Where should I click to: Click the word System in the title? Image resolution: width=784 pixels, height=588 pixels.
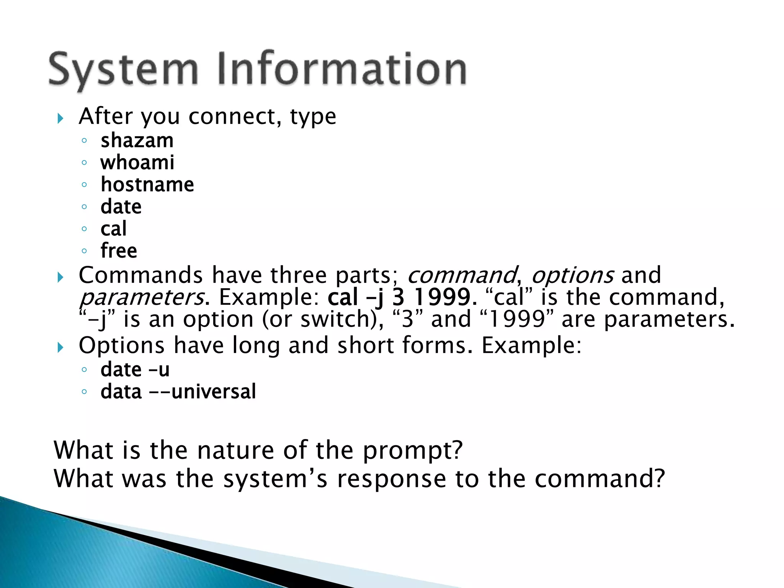(x=123, y=70)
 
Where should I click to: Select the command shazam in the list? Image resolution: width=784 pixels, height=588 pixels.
(x=137, y=140)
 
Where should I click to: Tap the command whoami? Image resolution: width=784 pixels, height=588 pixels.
(x=137, y=163)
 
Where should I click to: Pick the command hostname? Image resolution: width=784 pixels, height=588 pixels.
(x=147, y=185)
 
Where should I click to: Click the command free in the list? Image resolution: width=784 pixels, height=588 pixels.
(x=119, y=251)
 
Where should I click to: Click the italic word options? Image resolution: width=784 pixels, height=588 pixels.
(x=573, y=275)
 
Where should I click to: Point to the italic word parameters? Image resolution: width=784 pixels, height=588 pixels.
(x=142, y=297)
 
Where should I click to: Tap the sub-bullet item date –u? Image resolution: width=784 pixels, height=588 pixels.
(x=135, y=370)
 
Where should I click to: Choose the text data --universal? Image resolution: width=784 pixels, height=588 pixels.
(x=178, y=392)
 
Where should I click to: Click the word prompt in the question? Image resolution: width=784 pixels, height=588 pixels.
(x=413, y=450)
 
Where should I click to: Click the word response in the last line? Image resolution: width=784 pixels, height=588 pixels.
(x=391, y=479)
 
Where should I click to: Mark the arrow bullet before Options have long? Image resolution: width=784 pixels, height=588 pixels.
(x=60, y=348)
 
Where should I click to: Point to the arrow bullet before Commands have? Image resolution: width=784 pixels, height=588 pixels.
(x=60, y=277)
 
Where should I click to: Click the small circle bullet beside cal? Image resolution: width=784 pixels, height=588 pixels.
(x=84, y=229)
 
